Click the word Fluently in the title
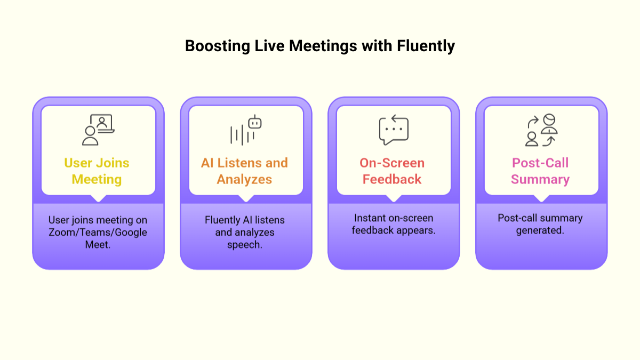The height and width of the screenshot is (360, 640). click(x=426, y=46)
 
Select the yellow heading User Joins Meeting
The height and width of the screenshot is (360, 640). click(x=97, y=171)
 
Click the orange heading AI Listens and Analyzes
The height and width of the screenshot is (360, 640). click(x=244, y=171)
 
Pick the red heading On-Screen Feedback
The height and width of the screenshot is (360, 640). click(x=392, y=171)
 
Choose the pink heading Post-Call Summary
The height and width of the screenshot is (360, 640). click(x=540, y=171)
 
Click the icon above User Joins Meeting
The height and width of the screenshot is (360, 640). click(x=98, y=130)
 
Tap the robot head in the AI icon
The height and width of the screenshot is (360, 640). click(x=255, y=123)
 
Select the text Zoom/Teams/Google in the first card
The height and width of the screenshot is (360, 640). click(x=98, y=232)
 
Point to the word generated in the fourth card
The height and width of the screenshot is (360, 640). click(x=540, y=231)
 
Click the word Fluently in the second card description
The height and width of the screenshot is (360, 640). click(x=222, y=220)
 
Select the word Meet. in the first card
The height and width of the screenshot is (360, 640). click(x=98, y=245)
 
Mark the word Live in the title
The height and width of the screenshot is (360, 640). click(x=269, y=46)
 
